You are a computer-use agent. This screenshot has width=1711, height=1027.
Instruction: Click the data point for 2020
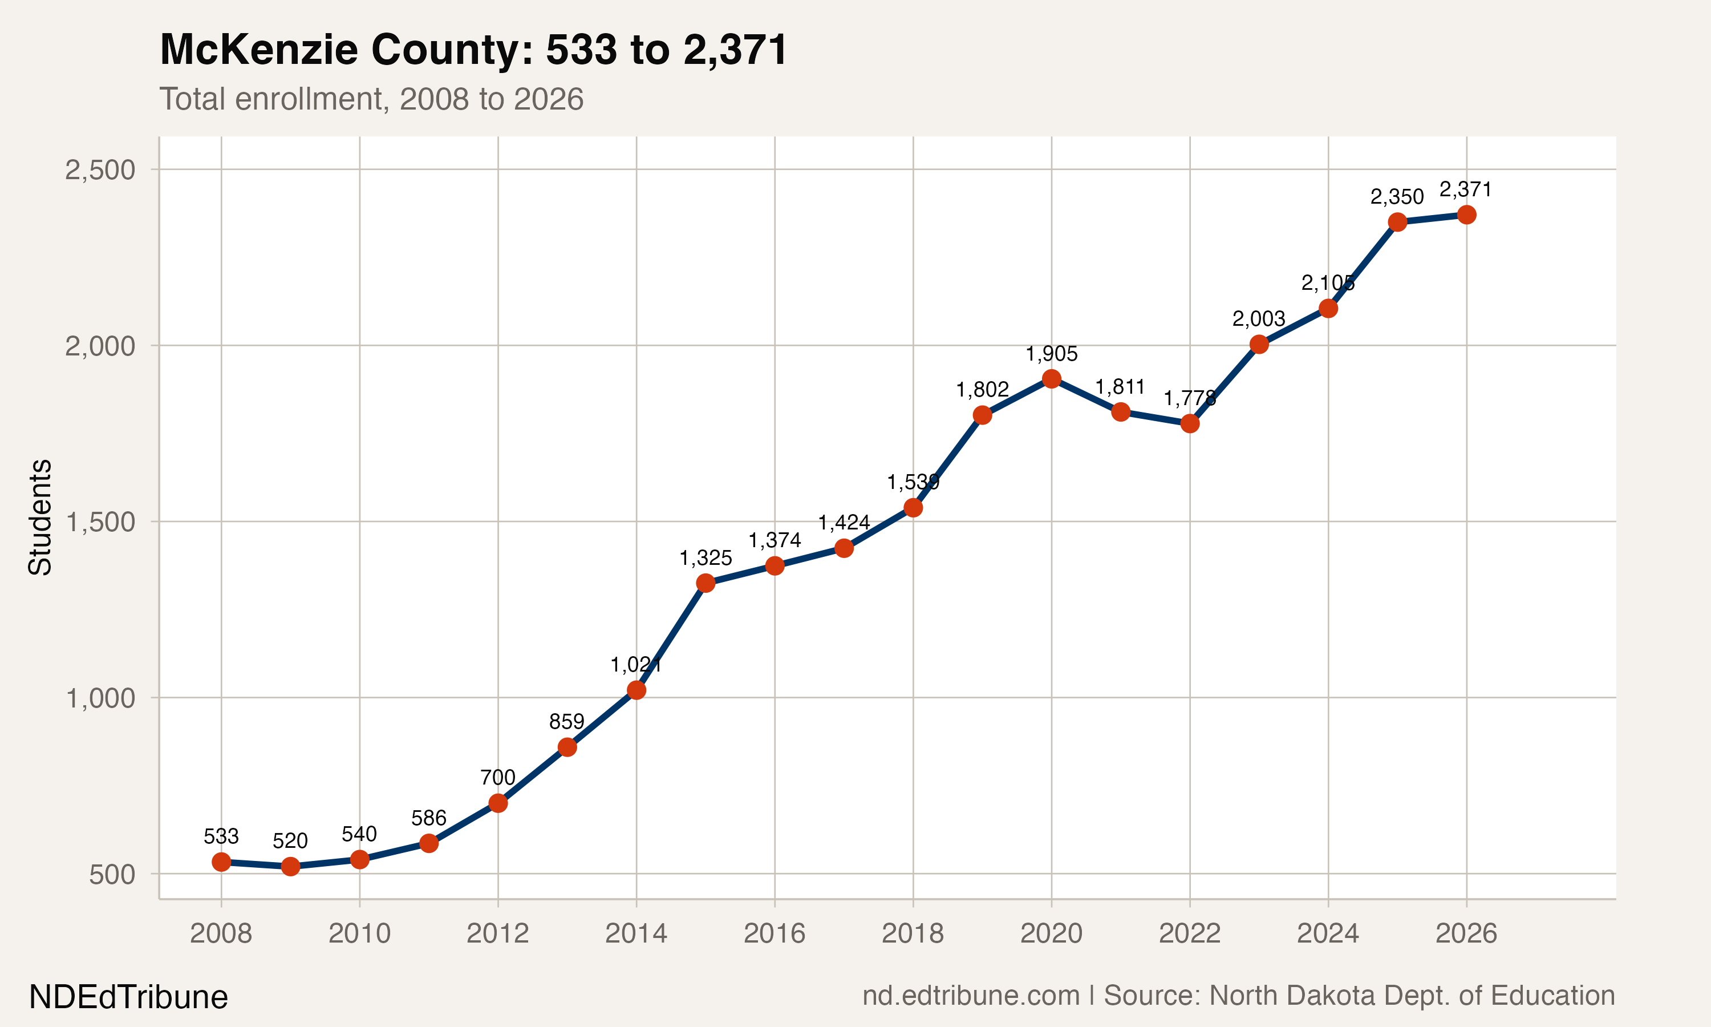1051,378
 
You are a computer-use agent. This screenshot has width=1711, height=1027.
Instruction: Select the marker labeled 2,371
1466,215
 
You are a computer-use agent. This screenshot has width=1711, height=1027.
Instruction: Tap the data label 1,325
706,558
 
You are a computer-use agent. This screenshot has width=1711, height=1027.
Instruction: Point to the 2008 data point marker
221,862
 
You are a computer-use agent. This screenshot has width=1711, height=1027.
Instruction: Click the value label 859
566,722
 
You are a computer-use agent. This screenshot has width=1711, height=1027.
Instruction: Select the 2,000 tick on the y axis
100,346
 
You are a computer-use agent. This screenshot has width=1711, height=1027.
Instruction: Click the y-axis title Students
40,517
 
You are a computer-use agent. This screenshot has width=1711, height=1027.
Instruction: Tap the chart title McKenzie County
474,50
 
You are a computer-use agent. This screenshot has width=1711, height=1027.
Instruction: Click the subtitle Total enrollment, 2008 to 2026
371,99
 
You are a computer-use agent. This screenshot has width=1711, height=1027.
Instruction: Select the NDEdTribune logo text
129,997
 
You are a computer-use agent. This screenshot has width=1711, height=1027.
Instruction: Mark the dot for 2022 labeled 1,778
1190,423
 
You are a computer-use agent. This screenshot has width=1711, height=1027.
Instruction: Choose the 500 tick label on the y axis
112,874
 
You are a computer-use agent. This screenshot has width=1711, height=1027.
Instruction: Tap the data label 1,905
1051,354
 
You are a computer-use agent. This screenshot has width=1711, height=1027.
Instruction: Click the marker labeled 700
498,803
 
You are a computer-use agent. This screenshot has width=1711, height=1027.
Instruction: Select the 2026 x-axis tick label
1466,933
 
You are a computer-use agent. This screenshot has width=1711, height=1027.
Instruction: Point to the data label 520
290,841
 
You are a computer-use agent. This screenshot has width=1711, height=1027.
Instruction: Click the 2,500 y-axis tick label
100,169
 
